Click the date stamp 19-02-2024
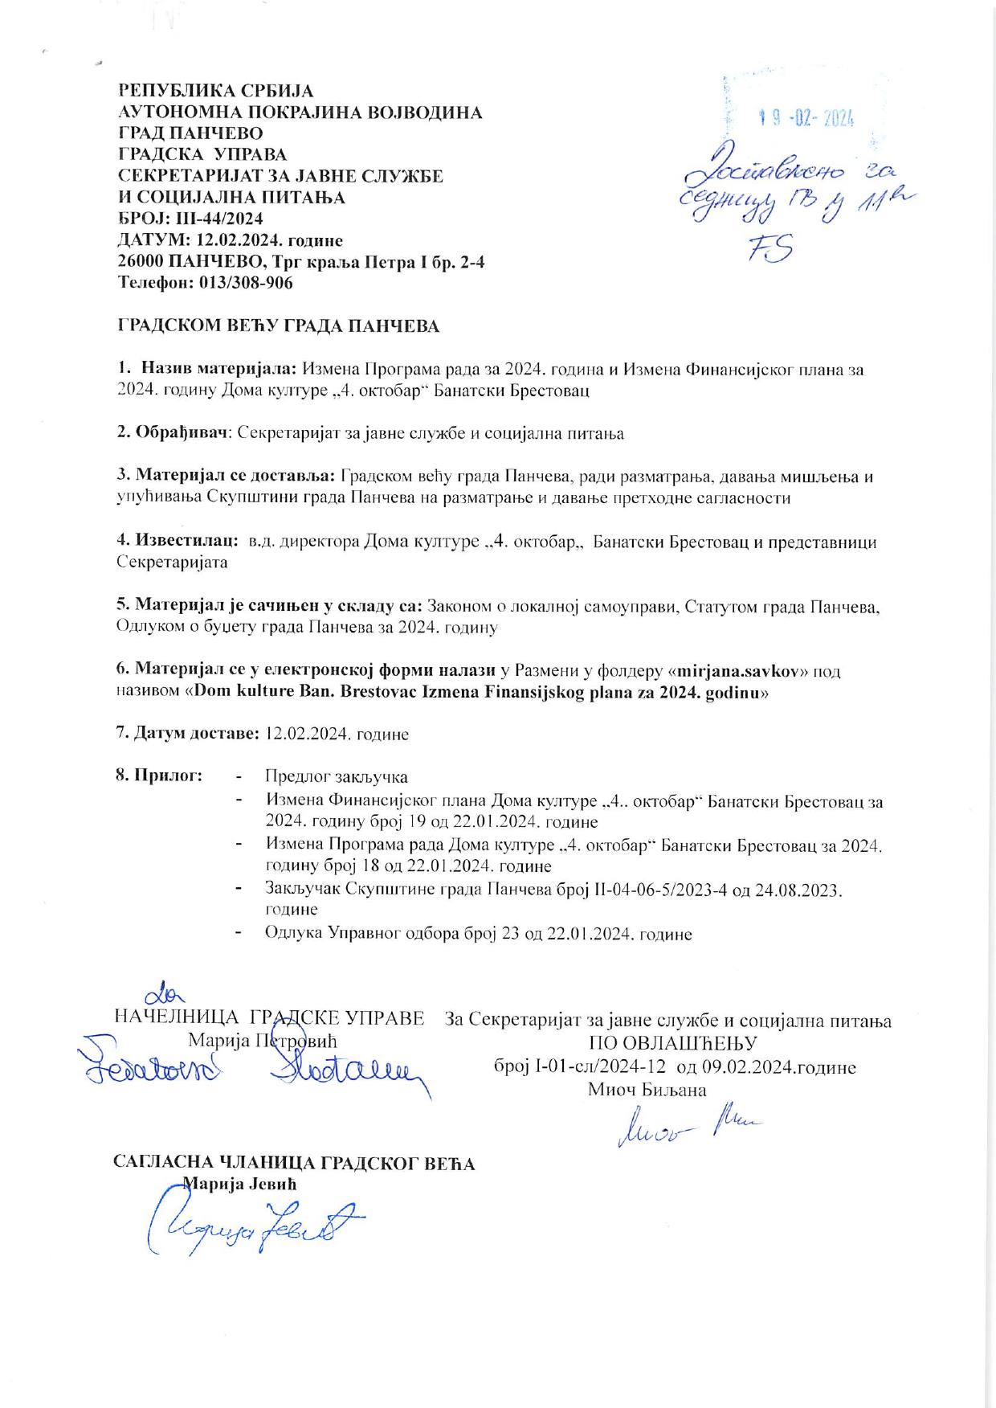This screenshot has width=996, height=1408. tap(806, 118)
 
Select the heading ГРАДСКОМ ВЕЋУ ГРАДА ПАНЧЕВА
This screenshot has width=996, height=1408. tap(279, 326)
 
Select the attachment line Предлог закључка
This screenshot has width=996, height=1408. tap(337, 777)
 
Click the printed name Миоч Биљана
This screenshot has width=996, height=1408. tap(647, 1090)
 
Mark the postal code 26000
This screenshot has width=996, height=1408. tap(142, 262)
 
